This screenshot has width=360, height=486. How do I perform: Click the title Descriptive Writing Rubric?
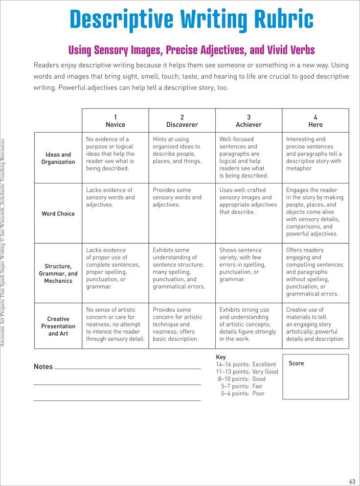191,20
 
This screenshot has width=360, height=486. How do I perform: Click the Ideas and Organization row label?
58,158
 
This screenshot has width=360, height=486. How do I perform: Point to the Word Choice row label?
58,213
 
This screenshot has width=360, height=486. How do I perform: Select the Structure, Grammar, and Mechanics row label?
58,274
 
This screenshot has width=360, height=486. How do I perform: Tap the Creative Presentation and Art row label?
58,326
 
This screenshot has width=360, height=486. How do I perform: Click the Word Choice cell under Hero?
315,212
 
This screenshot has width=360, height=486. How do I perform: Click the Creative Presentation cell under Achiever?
247,324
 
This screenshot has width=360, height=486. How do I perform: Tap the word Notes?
43,367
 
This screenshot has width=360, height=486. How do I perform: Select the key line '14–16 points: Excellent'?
246,364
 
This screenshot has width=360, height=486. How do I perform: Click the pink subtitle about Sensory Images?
191,50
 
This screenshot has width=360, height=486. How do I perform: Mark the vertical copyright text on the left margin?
3,243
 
